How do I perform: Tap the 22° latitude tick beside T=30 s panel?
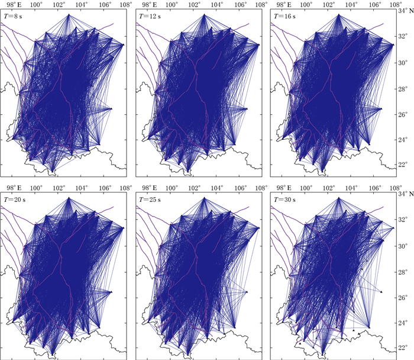coord(402,347)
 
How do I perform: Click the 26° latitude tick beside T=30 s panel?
coord(402,296)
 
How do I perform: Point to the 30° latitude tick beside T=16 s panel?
coord(402,62)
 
